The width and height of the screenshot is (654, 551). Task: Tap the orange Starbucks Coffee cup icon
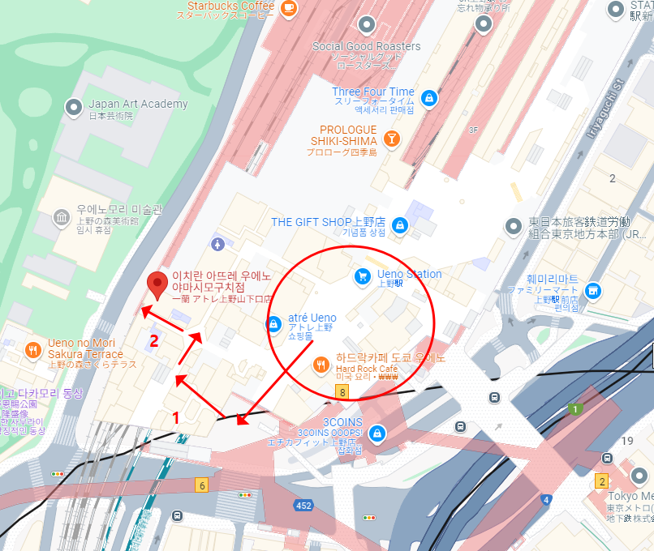click(288, 7)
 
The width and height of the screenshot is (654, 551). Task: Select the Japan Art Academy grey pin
click(74, 106)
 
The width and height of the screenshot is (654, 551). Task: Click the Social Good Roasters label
click(366, 46)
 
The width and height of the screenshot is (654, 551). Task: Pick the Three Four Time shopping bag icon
click(429, 99)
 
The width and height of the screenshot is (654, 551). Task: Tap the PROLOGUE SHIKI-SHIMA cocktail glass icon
click(392, 138)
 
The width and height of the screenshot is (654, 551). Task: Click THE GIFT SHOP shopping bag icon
click(398, 224)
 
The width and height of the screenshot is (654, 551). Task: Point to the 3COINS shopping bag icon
click(376, 433)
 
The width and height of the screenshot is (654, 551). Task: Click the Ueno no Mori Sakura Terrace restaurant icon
click(33, 350)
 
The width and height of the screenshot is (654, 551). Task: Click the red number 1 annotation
click(176, 418)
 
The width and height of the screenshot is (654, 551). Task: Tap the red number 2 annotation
click(154, 341)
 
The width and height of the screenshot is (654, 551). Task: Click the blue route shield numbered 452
click(303, 506)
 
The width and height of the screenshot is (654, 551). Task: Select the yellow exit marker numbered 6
click(201, 485)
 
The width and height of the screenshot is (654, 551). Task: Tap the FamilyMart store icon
click(594, 290)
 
